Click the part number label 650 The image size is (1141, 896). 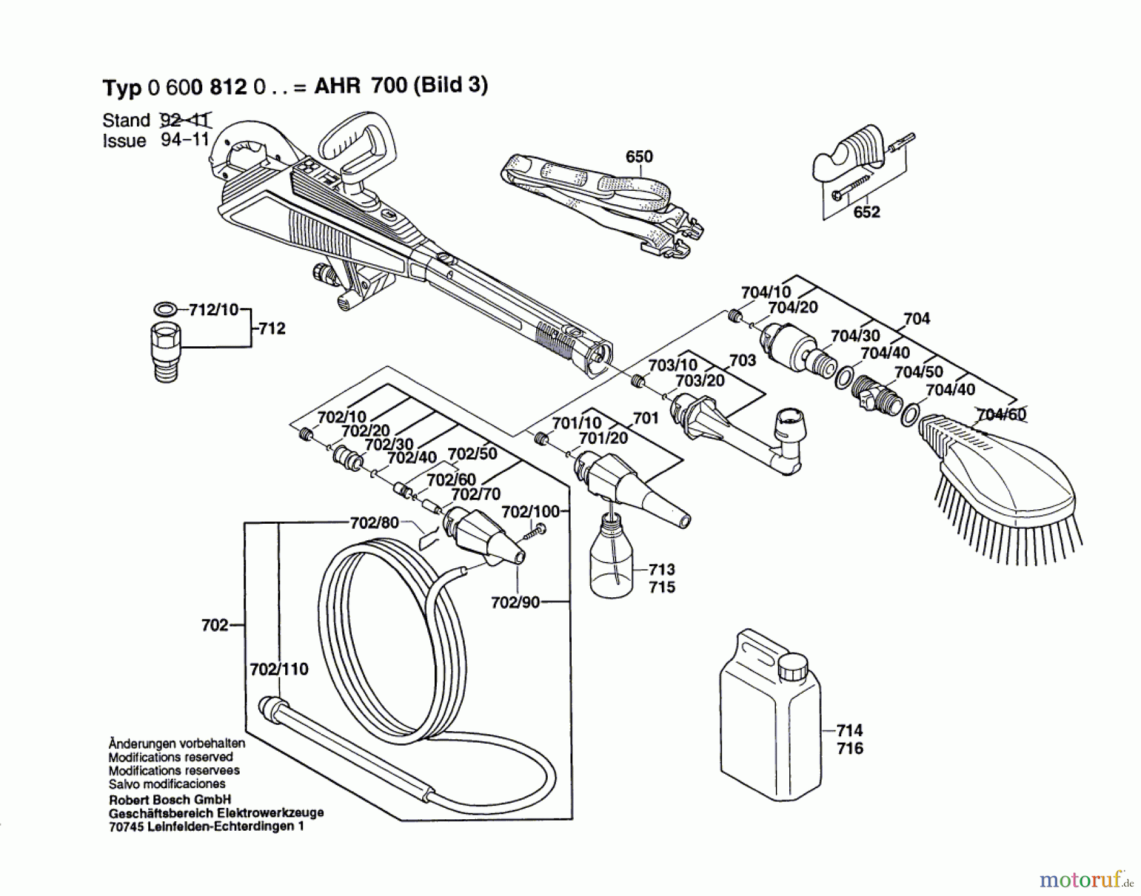click(x=638, y=157)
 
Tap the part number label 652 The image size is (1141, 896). click(x=867, y=212)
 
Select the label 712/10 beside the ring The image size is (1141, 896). click(x=214, y=309)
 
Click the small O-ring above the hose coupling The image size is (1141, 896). click(x=165, y=309)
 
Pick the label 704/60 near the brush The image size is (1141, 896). click(x=1001, y=414)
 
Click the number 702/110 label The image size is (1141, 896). click(x=279, y=669)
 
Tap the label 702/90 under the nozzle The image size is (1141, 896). click(x=515, y=602)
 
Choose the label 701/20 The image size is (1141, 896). click(x=603, y=438)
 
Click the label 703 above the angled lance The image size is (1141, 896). click(x=742, y=360)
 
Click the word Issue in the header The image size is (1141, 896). click(x=124, y=141)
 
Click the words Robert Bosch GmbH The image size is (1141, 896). click(x=170, y=800)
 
